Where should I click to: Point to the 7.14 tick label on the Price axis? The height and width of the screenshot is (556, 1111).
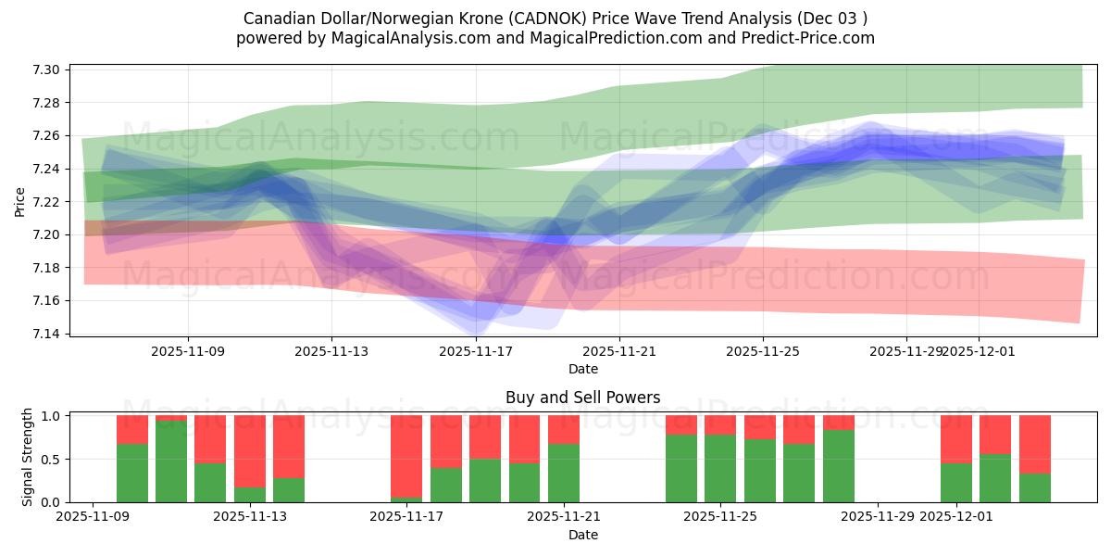pyautogui.click(x=48, y=334)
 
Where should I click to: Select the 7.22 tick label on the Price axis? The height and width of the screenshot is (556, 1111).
pyautogui.click(x=48, y=202)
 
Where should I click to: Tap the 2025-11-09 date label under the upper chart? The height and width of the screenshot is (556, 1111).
pyautogui.click(x=188, y=351)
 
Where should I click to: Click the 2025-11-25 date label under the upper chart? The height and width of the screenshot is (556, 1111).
pyautogui.click(x=763, y=351)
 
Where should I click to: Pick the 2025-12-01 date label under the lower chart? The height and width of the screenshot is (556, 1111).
pyautogui.click(x=956, y=517)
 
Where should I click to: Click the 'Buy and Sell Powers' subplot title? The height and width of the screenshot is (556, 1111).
pyautogui.click(x=582, y=398)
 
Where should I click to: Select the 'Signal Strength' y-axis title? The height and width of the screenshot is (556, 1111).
pyautogui.click(x=28, y=457)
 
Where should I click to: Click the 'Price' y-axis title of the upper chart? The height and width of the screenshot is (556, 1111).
pyautogui.click(x=20, y=201)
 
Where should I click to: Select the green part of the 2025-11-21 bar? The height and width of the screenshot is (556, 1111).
pyautogui.click(x=564, y=474)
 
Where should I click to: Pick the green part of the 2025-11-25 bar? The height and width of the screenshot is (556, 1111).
pyautogui.click(x=720, y=469)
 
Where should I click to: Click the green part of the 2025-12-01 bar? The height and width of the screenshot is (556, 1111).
pyautogui.click(x=956, y=483)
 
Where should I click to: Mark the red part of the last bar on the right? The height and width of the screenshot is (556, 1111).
pyautogui.click(x=1035, y=444)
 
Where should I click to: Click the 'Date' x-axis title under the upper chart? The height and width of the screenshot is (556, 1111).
pyautogui.click(x=582, y=369)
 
